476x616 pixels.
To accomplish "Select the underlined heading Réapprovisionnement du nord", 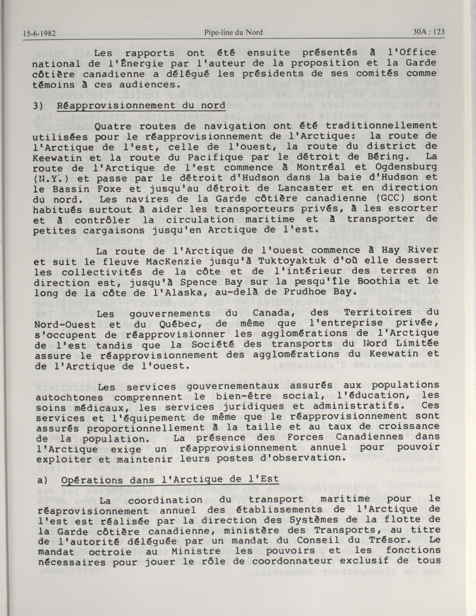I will pos(141,106).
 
